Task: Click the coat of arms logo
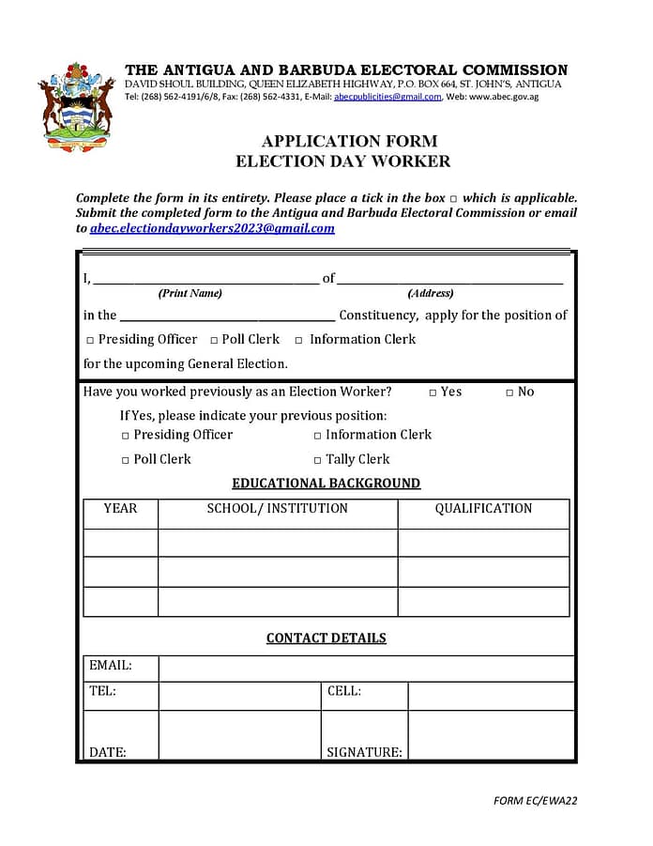(77, 107)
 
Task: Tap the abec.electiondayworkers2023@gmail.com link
(212, 228)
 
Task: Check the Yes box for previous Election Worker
(433, 392)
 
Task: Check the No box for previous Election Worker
(509, 392)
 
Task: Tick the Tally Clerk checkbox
(317, 460)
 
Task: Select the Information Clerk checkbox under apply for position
(299, 340)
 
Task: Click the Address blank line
(449, 280)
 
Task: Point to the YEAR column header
(120, 509)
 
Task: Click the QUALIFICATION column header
(483, 509)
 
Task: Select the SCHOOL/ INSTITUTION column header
(277, 509)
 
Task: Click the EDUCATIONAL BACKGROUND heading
(326, 484)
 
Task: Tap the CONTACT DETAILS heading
(326, 638)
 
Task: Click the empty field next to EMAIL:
(366, 667)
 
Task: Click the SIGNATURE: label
(364, 752)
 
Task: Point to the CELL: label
(344, 692)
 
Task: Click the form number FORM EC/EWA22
(535, 801)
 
